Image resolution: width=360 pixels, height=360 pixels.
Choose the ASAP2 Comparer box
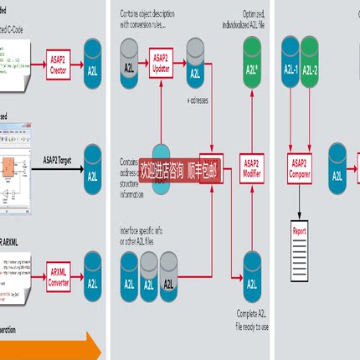tap(301, 167)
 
